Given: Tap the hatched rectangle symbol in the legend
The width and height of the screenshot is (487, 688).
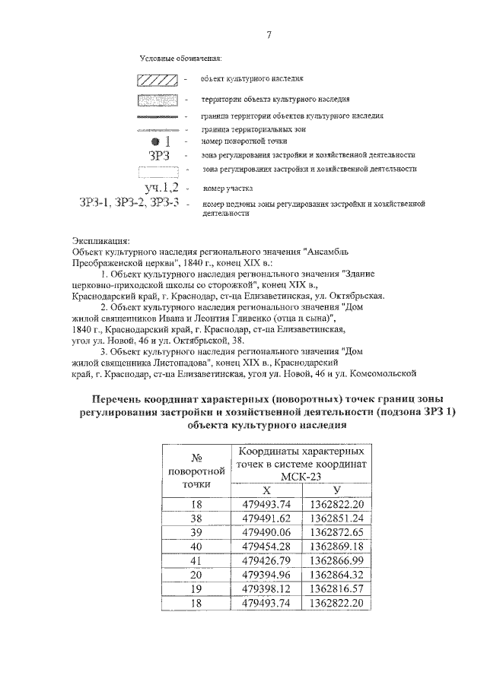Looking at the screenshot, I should pos(158,80).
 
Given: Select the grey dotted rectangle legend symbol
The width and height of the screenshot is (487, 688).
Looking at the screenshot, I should pos(158,100).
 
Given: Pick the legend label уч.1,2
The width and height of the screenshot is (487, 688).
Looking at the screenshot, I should pos(161,187).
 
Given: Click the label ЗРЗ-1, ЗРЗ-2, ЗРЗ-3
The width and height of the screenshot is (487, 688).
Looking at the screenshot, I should pos(129,203).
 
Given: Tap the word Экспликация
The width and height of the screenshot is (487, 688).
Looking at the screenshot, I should pos(100,240).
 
